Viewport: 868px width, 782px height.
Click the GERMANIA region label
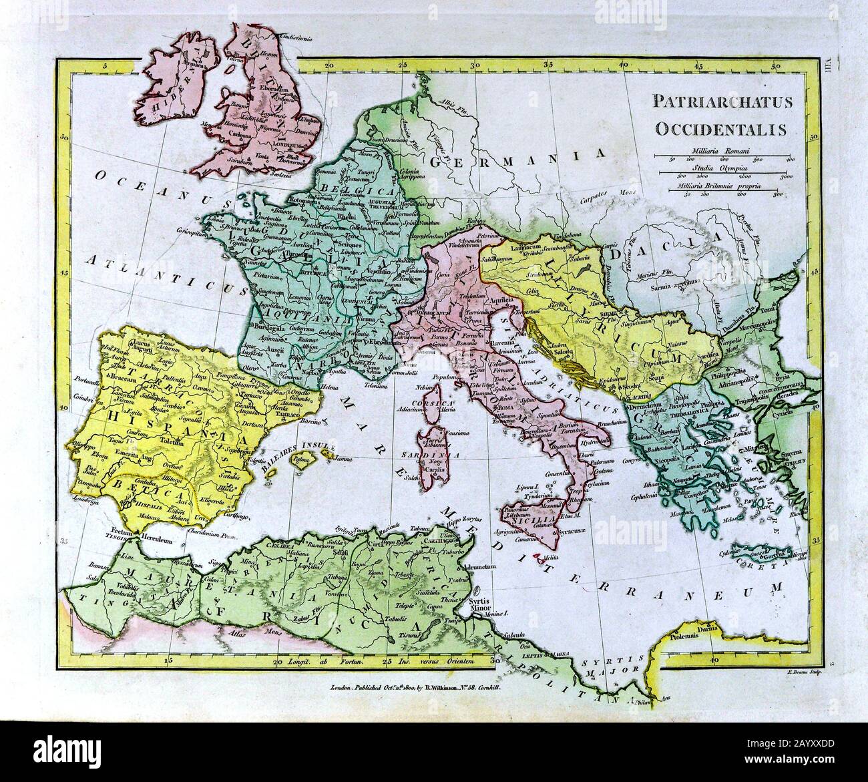[x=511, y=160]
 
